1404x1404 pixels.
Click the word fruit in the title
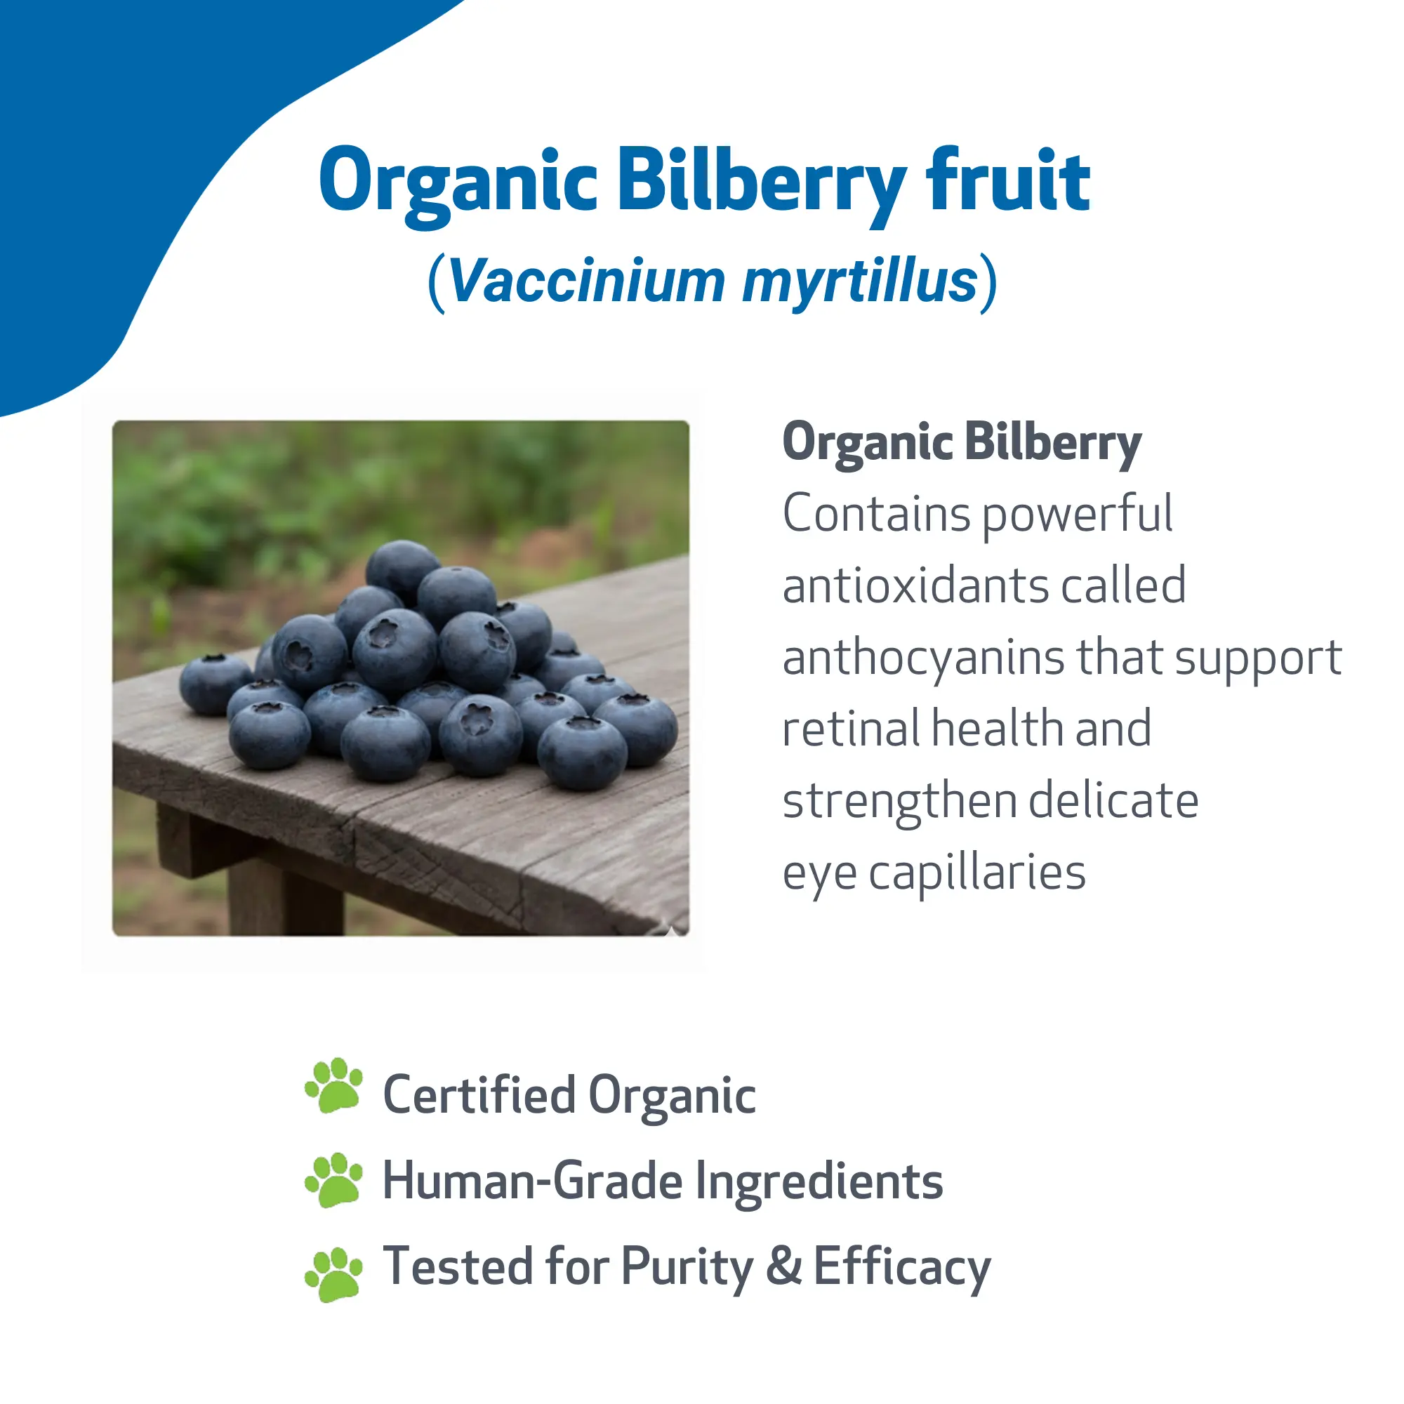point(1008,180)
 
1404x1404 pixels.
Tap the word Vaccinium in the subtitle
point(587,281)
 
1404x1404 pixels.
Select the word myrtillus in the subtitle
point(861,284)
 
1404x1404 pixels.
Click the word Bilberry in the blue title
point(762,185)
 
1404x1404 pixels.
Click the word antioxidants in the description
point(913,585)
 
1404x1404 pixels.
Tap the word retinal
point(852,728)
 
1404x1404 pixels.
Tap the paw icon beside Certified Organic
point(333,1086)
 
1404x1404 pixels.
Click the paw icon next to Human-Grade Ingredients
point(333,1180)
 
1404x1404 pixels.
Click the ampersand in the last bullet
point(784,1266)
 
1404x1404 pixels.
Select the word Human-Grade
point(533,1181)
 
